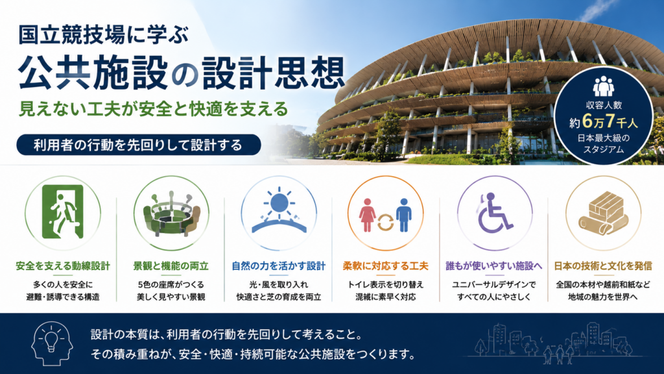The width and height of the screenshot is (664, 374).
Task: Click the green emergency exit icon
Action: click(63, 212)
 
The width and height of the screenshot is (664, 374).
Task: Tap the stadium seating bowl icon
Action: click(171, 214)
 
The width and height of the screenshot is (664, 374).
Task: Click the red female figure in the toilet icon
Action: click(367, 215)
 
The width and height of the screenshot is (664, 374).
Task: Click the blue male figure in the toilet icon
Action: click(403, 215)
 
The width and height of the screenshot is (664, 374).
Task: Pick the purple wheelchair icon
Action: click(493, 212)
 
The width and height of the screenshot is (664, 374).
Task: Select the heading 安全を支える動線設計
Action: click(63, 266)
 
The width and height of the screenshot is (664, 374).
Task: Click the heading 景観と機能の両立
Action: click(171, 266)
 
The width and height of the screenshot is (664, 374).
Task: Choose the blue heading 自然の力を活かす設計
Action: click(279, 266)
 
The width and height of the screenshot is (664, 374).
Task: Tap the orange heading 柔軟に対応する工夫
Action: click(386, 266)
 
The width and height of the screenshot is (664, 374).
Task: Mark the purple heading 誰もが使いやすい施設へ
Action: click(493, 266)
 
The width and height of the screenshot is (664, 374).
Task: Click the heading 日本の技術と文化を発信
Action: click(603, 266)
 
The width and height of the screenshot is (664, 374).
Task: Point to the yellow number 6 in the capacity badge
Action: click(587, 121)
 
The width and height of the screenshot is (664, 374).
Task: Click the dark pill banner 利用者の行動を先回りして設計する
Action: click(139, 145)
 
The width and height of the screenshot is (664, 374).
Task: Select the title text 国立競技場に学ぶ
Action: click(103, 35)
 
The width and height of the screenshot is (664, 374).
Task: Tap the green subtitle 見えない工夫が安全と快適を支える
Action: click(153, 109)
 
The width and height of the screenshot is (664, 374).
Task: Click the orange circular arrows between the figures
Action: click(385, 223)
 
